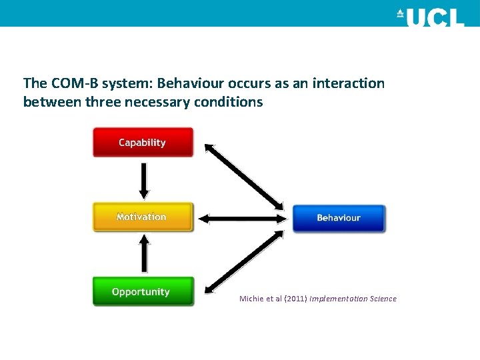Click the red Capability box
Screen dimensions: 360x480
tap(143, 143)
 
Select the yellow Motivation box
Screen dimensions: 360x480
tap(143, 217)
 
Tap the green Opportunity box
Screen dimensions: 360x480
tap(143, 292)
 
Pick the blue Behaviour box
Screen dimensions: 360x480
tap(339, 218)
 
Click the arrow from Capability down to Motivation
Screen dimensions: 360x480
tap(143, 179)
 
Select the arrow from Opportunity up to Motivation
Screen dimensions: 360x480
tap(143, 255)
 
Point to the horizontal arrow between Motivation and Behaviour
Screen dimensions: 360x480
tap(242, 218)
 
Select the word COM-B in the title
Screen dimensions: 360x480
tap(70, 83)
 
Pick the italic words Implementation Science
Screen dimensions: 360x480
tap(353, 299)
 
